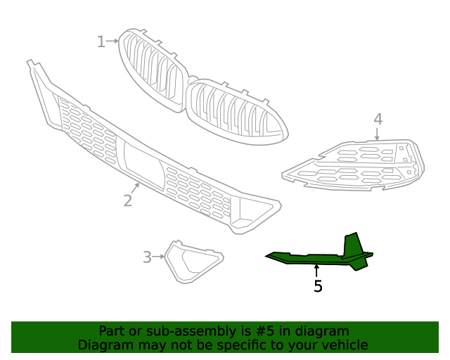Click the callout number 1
tap(101, 41)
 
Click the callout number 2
tap(127, 200)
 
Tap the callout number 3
tap(147, 257)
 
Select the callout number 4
tap(378, 119)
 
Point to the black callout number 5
tap(318, 286)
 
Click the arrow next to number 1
tap(112, 41)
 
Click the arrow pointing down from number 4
tap(378, 134)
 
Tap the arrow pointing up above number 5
tap(317, 271)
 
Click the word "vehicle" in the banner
tap(343, 345)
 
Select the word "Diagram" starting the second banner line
tap(103, 345)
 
